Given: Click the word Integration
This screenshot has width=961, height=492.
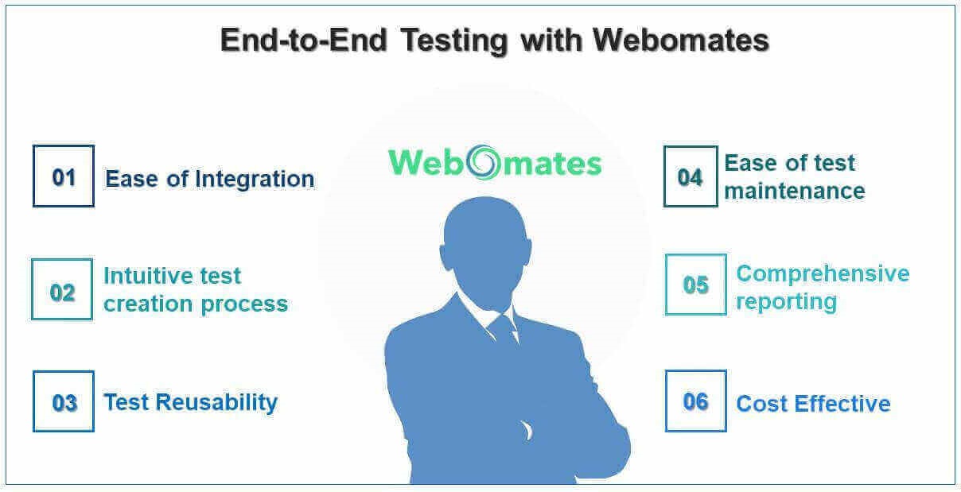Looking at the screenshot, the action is [x=255, y=180].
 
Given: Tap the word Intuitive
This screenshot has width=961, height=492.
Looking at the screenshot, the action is [x=151, y=276].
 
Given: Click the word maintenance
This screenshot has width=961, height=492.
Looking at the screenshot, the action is [x=795, y=191].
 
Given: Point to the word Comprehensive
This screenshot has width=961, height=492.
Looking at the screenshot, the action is [x=823, y=275].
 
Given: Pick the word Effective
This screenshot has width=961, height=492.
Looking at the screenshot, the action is [x=842, y=404].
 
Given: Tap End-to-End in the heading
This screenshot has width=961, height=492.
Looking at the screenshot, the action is [x=304, y=41].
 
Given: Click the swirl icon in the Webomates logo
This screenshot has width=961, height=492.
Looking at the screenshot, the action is [x=484, y=162].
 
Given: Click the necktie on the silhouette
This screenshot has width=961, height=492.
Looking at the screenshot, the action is [x=504, y=331].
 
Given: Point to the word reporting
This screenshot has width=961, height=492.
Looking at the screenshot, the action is [x=787, y=303].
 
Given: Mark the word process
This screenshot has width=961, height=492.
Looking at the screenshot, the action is [x=244, y=305].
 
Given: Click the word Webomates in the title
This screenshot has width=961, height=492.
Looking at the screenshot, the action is [x=681, y=41].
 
